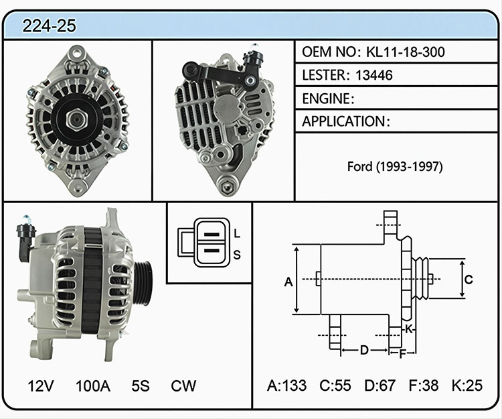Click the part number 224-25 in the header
click(50, 25)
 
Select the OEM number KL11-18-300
click(406, 52)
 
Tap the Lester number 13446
click(374, 75)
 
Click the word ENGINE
click(326, 99)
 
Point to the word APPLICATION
click(344, 121)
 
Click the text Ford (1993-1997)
click(395, 166)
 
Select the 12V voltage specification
click(41, 385)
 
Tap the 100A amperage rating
click(93, 385)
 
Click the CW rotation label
click(183, 385)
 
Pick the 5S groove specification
click(141, 385)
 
